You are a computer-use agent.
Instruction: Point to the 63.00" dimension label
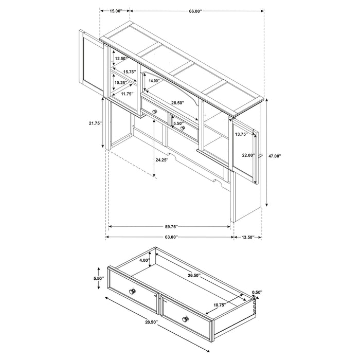[x=171, y=237]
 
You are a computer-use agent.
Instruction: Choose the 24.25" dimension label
[x=163, y=160]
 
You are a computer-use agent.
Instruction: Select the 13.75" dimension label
[x=241, y=134]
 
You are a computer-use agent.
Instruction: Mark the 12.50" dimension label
[x=121, y=59]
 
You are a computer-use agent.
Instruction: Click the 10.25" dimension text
[x=121, y=83]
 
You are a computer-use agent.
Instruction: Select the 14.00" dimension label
[x=153, y=81]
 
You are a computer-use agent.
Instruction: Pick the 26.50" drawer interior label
[x=194, y=276]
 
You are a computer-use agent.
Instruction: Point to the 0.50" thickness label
[x=257, y=293]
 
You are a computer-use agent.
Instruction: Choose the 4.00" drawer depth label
[x=144, y=260]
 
